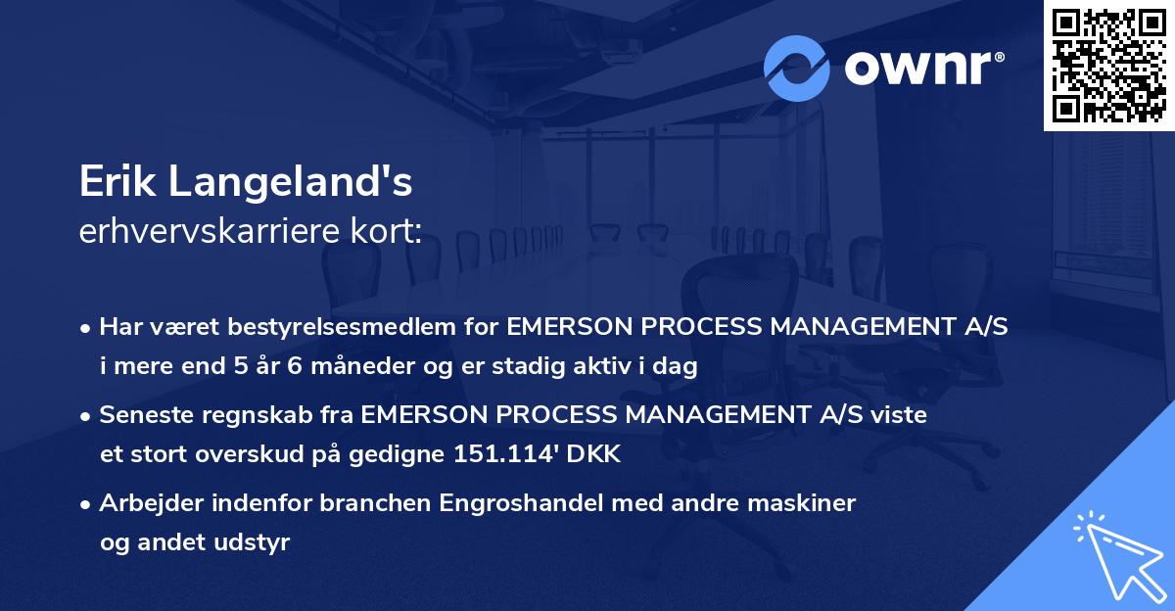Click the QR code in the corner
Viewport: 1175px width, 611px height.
point(1109,66)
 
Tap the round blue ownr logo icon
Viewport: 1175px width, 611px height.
point(797,68)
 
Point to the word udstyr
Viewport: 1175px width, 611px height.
point(257,542)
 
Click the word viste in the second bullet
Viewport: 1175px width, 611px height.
point(900,415)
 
